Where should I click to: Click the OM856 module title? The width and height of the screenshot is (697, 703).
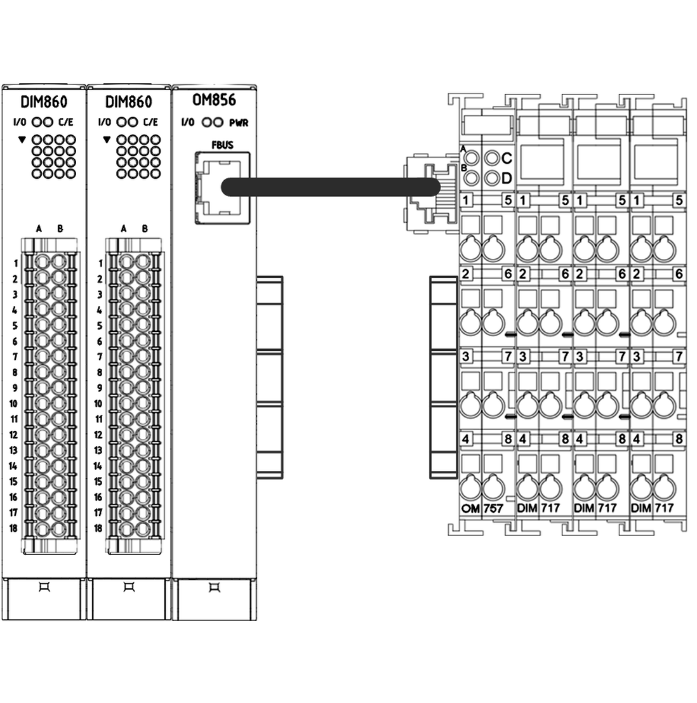click(x=213, y=100)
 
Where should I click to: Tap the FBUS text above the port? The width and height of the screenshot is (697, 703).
click(x=222, y=145)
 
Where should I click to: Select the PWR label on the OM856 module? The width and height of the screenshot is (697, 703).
click(x=239, y=123)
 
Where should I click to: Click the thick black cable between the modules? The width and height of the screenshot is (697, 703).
click(x=330, y=187)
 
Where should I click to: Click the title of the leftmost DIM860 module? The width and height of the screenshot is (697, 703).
click(x=44, y=102)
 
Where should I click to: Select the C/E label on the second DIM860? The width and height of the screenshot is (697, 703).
click(x=150, y=122)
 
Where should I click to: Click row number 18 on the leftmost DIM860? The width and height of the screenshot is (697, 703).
click(x=13, y=528)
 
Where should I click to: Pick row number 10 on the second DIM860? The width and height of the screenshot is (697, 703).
click(x=98, y=404)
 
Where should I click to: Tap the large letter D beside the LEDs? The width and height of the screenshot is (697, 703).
click(x=507, y=179)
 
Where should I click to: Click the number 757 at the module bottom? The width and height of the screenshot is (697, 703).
click(x=493, y=508)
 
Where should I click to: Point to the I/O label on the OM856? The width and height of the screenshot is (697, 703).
click(x=187, y=123)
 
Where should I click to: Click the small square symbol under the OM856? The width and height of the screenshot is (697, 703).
click(x=215, y=588)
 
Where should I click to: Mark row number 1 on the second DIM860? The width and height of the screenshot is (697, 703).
click(x=100, y=263)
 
